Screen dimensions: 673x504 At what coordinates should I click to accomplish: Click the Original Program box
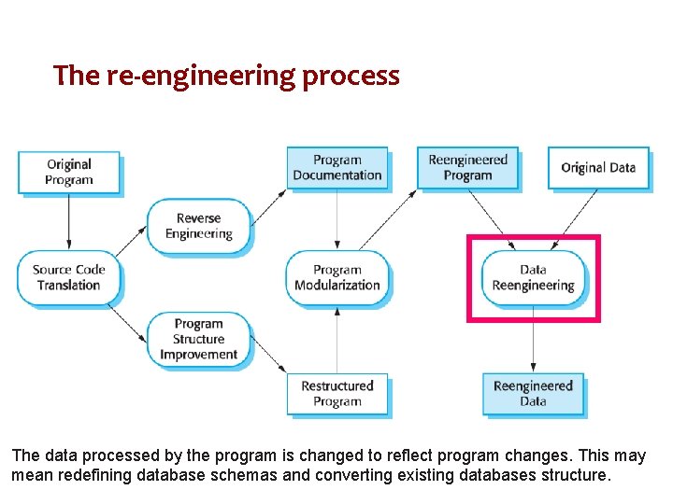pyautogui.click(x=69, y=172)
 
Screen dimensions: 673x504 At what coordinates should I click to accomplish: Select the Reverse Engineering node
pyautogui.click(x=198, y=226)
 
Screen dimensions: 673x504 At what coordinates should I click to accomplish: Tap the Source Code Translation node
pyautogui.click(x=69, y=277)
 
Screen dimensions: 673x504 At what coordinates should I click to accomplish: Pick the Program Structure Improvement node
pyautogui.click(x=198, y=339)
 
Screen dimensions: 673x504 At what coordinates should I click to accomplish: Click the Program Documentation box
pyautogui.click(x=336, y=167)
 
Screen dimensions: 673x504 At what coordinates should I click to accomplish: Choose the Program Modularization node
pyautogui.click(x=336, y=277)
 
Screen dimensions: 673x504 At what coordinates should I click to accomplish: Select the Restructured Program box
pyautogui.click(x=336, y=393)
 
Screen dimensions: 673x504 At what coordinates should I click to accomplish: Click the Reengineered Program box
pyautogui.click(x=467, y=167)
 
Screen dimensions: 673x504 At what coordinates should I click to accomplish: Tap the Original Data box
pyautogui.click(x=598, y=168)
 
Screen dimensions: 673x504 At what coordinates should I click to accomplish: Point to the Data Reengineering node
pyautogui.click(x=533, y=277)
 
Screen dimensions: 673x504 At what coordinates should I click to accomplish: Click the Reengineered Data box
pyautogui.click(x=533, y=393)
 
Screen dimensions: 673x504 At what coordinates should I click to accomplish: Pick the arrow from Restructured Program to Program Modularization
pyautogui.click(x=336, y=340)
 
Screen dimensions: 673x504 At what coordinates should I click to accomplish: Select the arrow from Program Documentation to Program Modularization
pyautogui.click(x=336, y=220)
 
